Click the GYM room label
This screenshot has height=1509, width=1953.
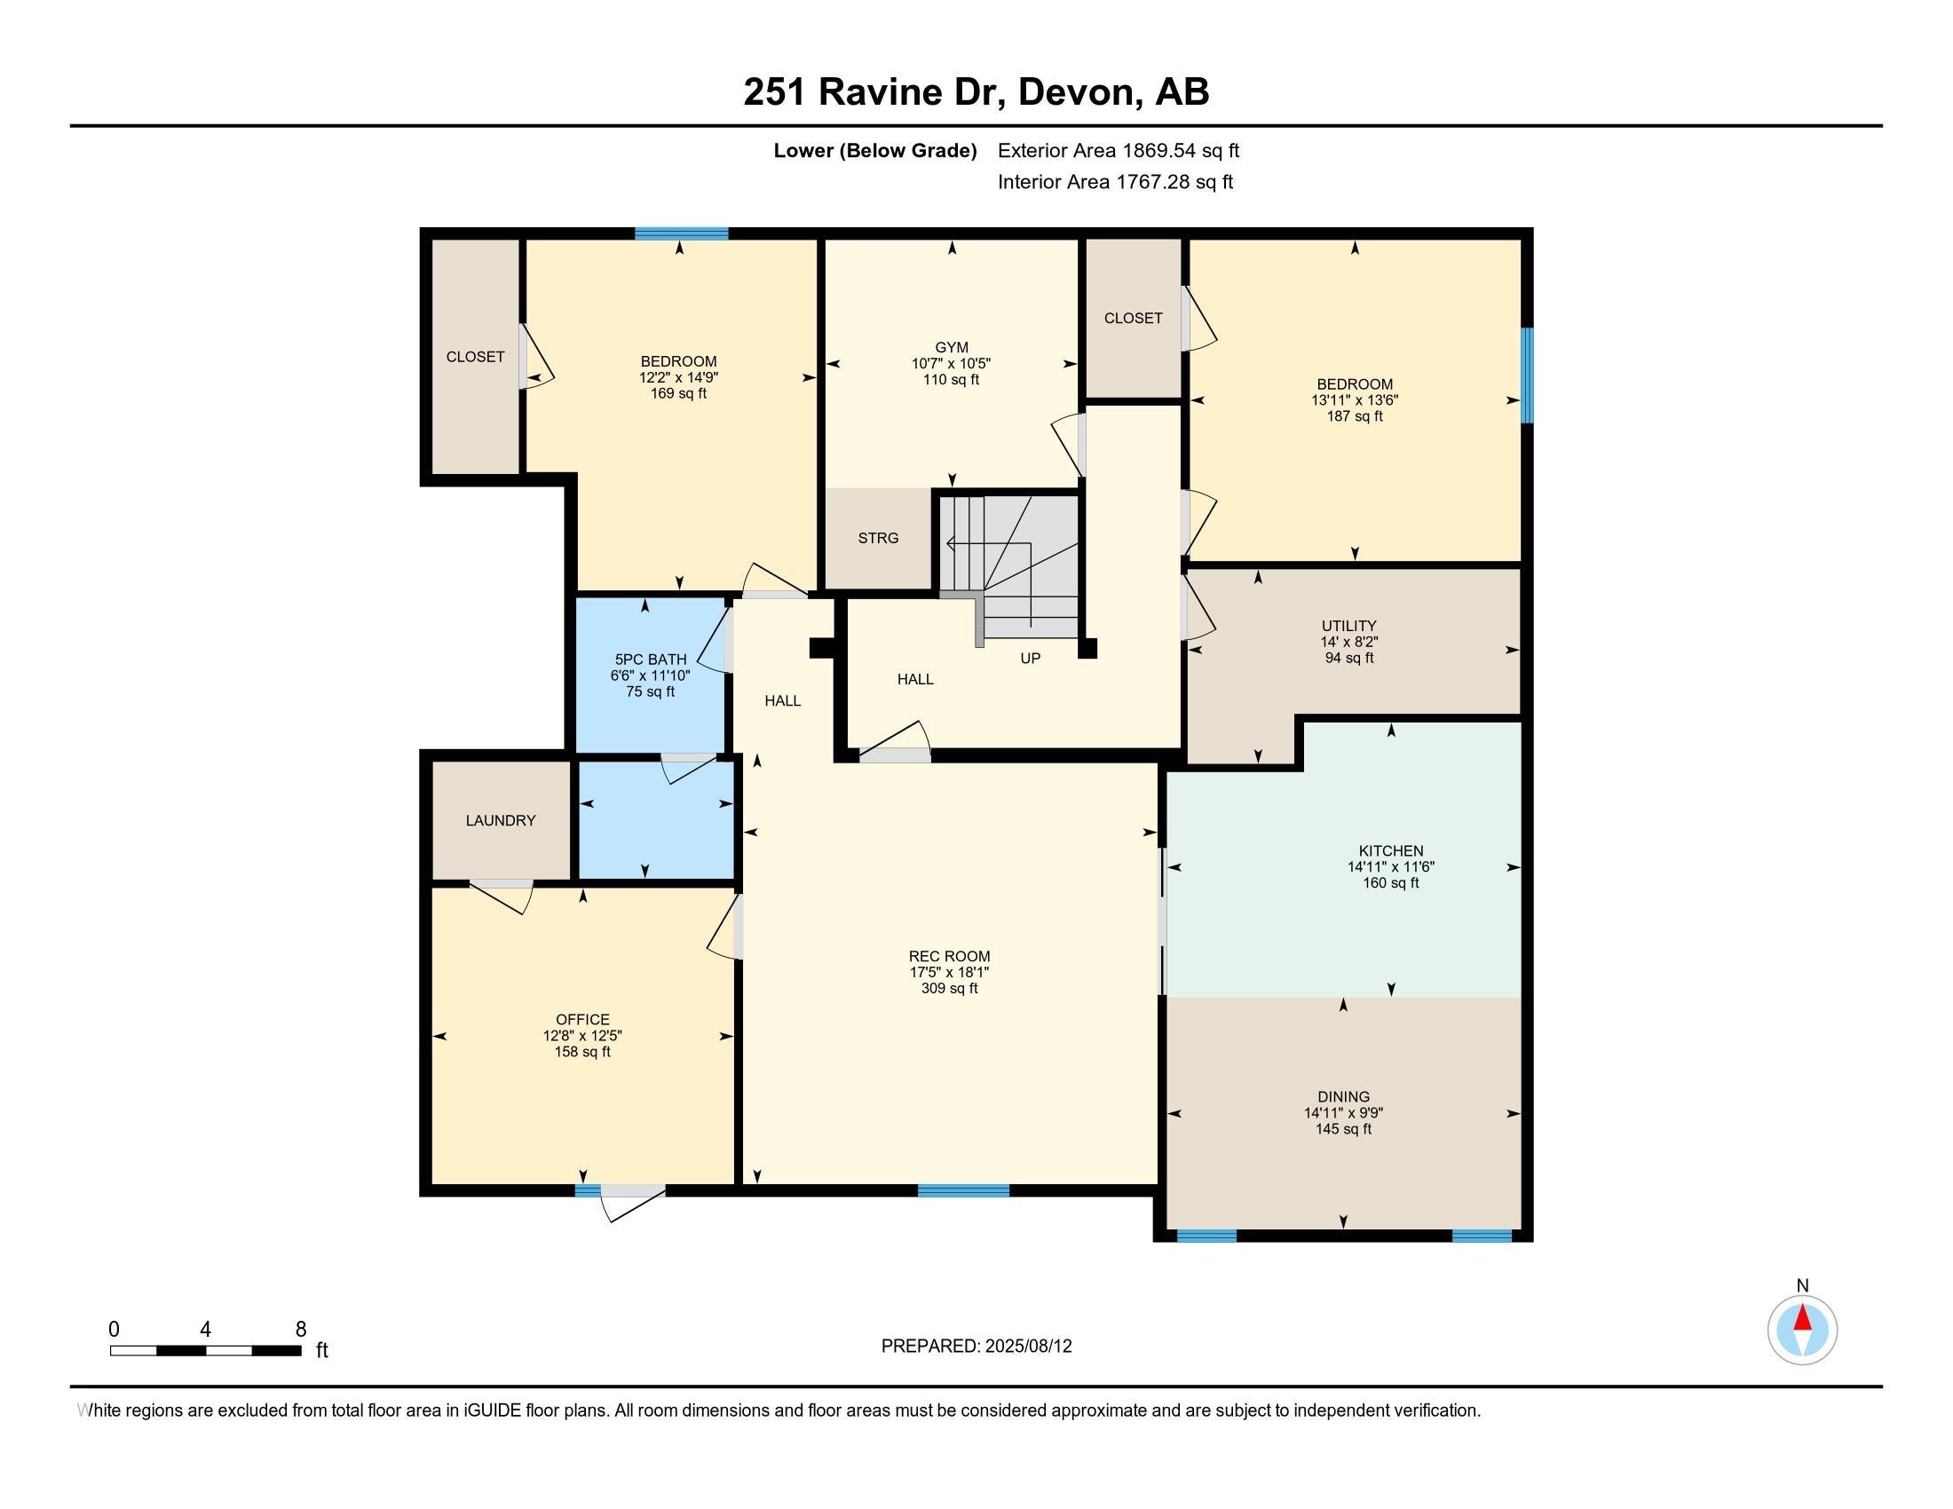(952, 347)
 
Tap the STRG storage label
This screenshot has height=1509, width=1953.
(878, 538)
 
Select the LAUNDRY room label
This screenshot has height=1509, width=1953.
(501, 821)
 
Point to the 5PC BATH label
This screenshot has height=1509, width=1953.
(651, 660)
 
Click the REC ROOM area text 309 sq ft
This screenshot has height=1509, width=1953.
(950, 989)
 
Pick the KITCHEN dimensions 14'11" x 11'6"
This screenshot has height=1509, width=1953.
(1391, 867)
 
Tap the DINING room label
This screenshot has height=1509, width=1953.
(1343, 1097)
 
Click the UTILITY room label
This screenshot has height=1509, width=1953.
(1349, 626)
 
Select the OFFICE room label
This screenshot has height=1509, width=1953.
(583, 1019)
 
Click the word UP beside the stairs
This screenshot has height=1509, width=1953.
(1030, 658)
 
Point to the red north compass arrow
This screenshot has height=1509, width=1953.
(1803, 1318)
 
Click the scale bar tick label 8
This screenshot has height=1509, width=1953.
(300, 1330)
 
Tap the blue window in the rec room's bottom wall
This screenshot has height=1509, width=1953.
(964, 1189)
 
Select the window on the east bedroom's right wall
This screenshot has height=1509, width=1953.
(1528, 375)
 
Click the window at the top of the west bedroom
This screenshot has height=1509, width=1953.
(682, 234)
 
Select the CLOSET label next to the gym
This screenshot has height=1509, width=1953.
(1133, 319)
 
